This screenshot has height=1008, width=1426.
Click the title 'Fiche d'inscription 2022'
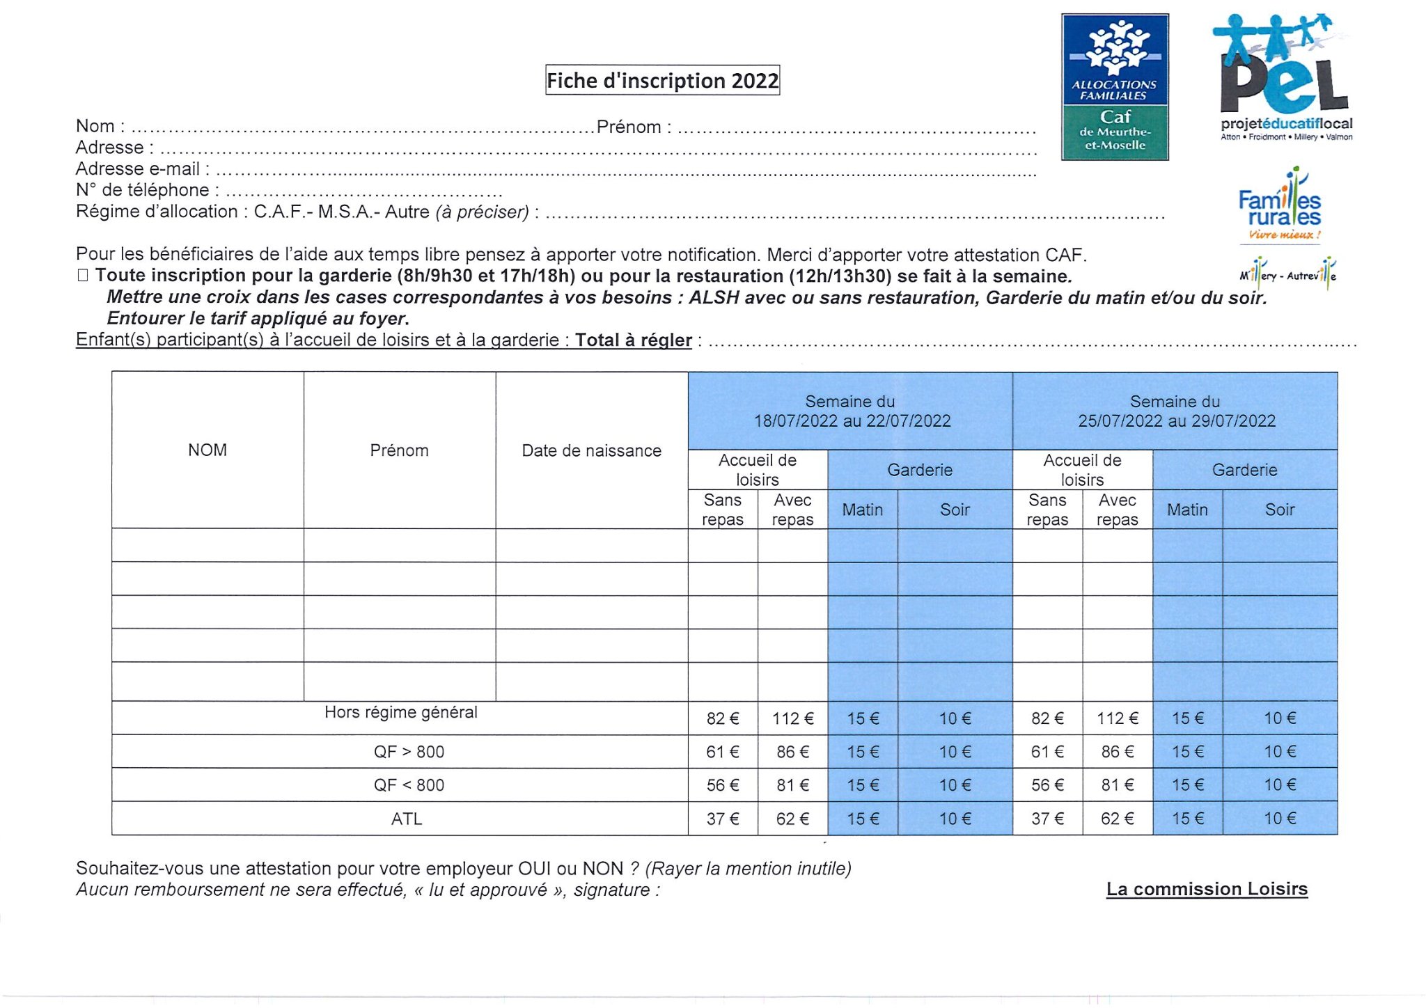tap(662, 80)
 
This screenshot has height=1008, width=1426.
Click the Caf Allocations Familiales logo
tap(1114, 87)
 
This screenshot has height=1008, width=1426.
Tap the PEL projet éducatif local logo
tap(1284, 77)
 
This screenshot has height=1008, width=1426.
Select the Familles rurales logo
tap(1280, 206)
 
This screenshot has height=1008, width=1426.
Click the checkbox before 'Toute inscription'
tap(83, 276)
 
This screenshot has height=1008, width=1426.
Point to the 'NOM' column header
tap(207, 450)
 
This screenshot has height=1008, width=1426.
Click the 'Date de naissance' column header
tap(591, 451)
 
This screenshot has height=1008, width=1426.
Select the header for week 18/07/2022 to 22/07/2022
tap(850, 411)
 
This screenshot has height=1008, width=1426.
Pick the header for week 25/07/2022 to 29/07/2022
tap(1175, 411)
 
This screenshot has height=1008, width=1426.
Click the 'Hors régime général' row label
tap(400, 712)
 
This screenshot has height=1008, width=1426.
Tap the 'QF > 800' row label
tap(409, 752)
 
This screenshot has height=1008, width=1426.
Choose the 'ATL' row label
tap(407, 819)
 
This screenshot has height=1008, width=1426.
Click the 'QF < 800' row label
tap(409, 785)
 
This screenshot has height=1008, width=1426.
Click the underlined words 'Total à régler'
tap(633, 340)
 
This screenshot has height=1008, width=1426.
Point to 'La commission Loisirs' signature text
tap(1207, 889)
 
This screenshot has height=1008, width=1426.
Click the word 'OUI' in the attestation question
tap(535, 869)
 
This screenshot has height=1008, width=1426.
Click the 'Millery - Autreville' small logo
tap(1287, 275)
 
